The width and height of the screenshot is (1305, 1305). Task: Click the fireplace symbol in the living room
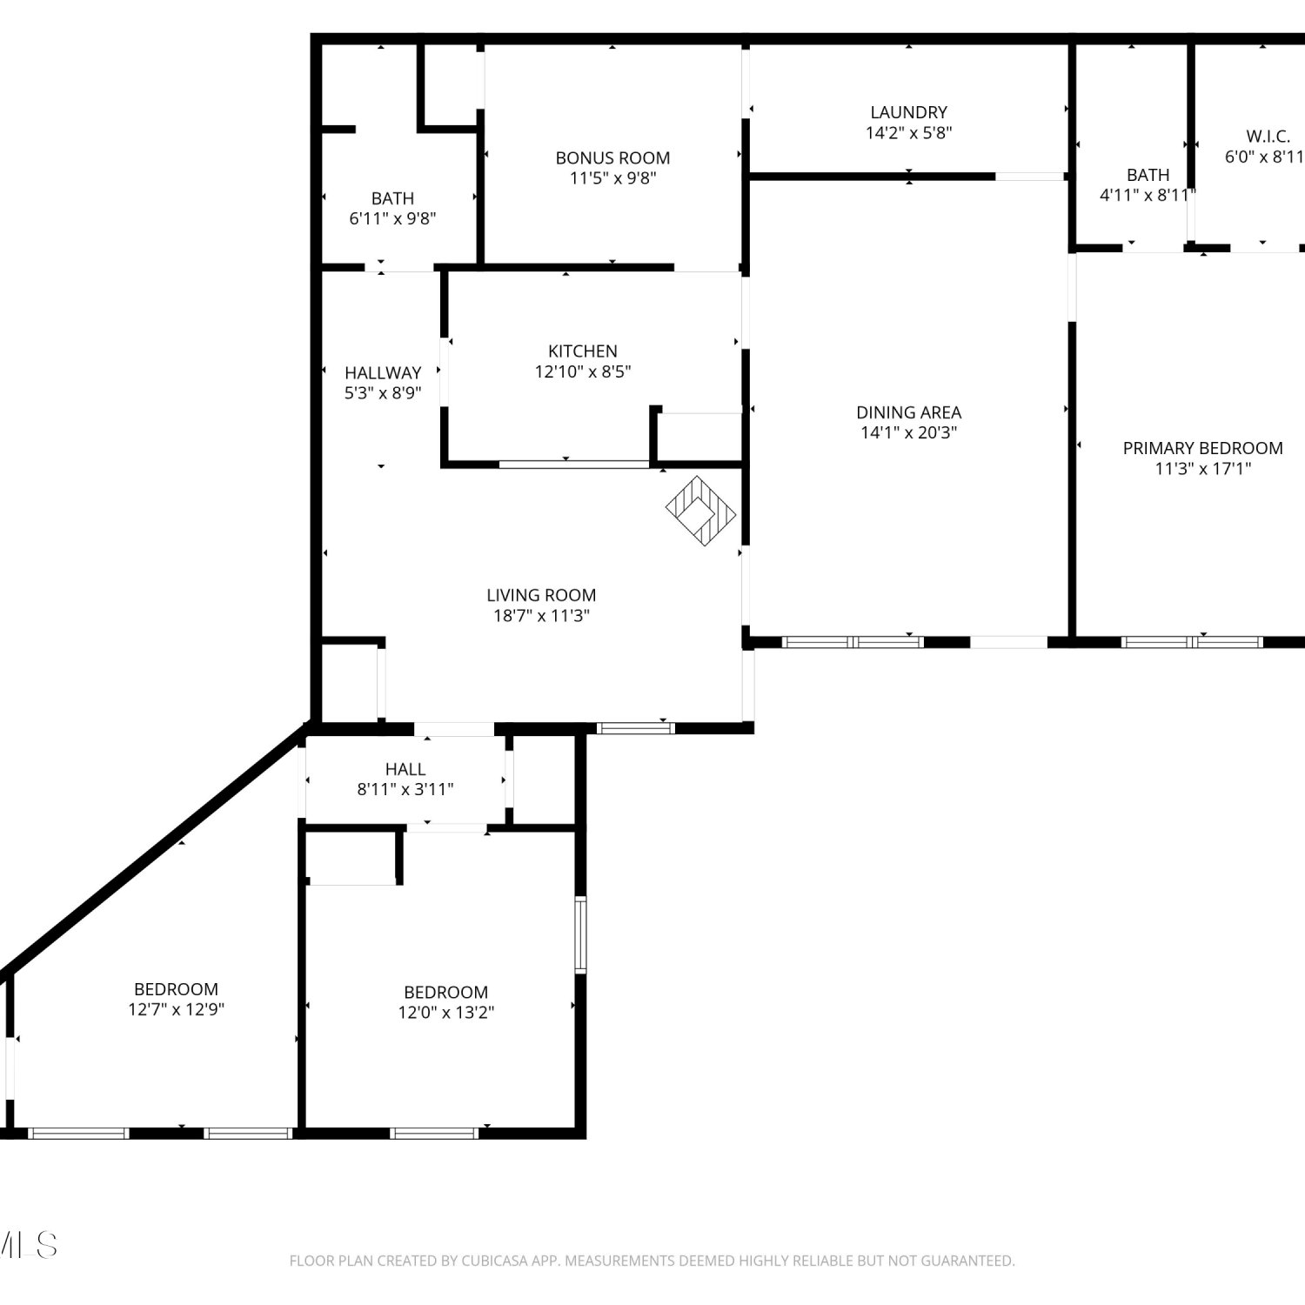tap(701, 511)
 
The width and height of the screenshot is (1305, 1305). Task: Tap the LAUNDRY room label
tap(909, 112)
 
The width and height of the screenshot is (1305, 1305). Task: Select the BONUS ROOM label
tap(612, 158)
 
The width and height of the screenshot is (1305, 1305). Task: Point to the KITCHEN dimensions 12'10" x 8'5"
tap(583, 371)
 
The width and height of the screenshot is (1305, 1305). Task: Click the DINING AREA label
tap(909, 412)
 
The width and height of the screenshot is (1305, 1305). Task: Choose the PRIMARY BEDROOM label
tap(1203, 448)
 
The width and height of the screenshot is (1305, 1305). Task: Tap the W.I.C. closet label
tap(1268, 137)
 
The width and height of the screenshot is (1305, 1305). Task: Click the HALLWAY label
tap(383, 372)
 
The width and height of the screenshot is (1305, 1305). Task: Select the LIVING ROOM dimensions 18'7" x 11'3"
tap(542, 616)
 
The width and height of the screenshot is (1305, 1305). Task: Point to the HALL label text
tap(405, 769)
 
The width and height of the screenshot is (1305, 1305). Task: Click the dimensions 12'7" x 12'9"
tap(177, 1009)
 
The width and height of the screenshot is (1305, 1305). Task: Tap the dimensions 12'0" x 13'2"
tap(446, 1013)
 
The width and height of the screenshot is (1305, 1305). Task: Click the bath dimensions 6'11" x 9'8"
tap(392, 218)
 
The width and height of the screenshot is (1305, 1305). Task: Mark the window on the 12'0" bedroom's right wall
tap(580, 934)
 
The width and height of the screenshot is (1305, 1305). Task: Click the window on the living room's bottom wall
tap(636, 728)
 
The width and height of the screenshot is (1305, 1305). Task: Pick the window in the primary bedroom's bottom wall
tap(1192, 642)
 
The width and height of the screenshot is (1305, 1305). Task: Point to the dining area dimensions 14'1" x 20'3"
tap(909, 432)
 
